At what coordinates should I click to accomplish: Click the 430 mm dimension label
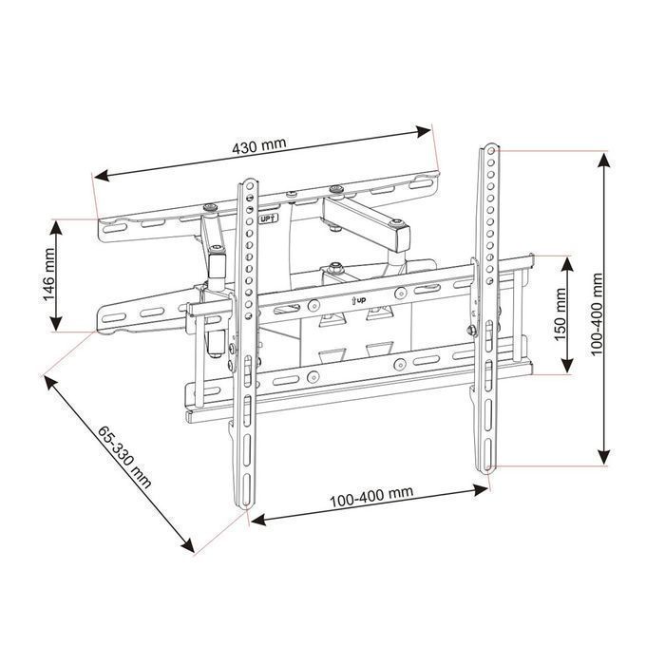point(259,145)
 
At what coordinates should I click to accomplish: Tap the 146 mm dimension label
point(49,275)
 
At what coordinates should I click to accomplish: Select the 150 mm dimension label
point(560,314)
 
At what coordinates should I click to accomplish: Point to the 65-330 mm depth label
point(124,457)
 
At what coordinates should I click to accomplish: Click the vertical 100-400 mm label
point(597,314)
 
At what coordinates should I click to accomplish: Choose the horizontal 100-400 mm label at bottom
point(371,497)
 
